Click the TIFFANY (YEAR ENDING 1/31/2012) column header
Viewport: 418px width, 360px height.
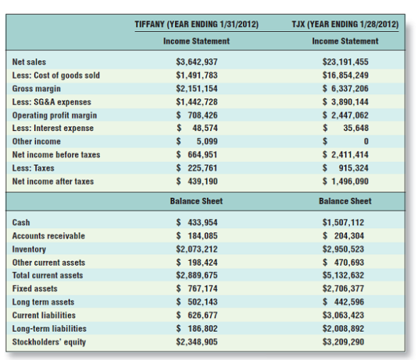point(196,25)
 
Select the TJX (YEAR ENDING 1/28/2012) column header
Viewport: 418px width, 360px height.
point(345,25)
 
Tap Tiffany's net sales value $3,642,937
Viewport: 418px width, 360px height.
point(196,62)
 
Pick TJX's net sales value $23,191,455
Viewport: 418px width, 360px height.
point(345,62)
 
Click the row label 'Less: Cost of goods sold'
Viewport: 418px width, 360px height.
point(56,76)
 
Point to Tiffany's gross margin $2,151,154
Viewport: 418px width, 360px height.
point(196,89)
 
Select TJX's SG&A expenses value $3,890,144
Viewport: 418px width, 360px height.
point(345,102)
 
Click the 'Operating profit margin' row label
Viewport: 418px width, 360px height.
point(55,116)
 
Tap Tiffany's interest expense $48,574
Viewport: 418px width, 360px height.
point(196,128)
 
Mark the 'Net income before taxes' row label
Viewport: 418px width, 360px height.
point(56,154)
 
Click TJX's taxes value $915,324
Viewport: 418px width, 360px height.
point(345,168)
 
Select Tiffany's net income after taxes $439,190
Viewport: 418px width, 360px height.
point(196,181)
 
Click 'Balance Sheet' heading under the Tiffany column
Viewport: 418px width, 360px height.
point(196,201)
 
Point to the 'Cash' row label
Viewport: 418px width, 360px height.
point(21,223)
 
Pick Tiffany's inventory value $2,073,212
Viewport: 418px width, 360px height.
point(196,249)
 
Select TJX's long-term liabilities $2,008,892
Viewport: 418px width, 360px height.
point(345,328)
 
